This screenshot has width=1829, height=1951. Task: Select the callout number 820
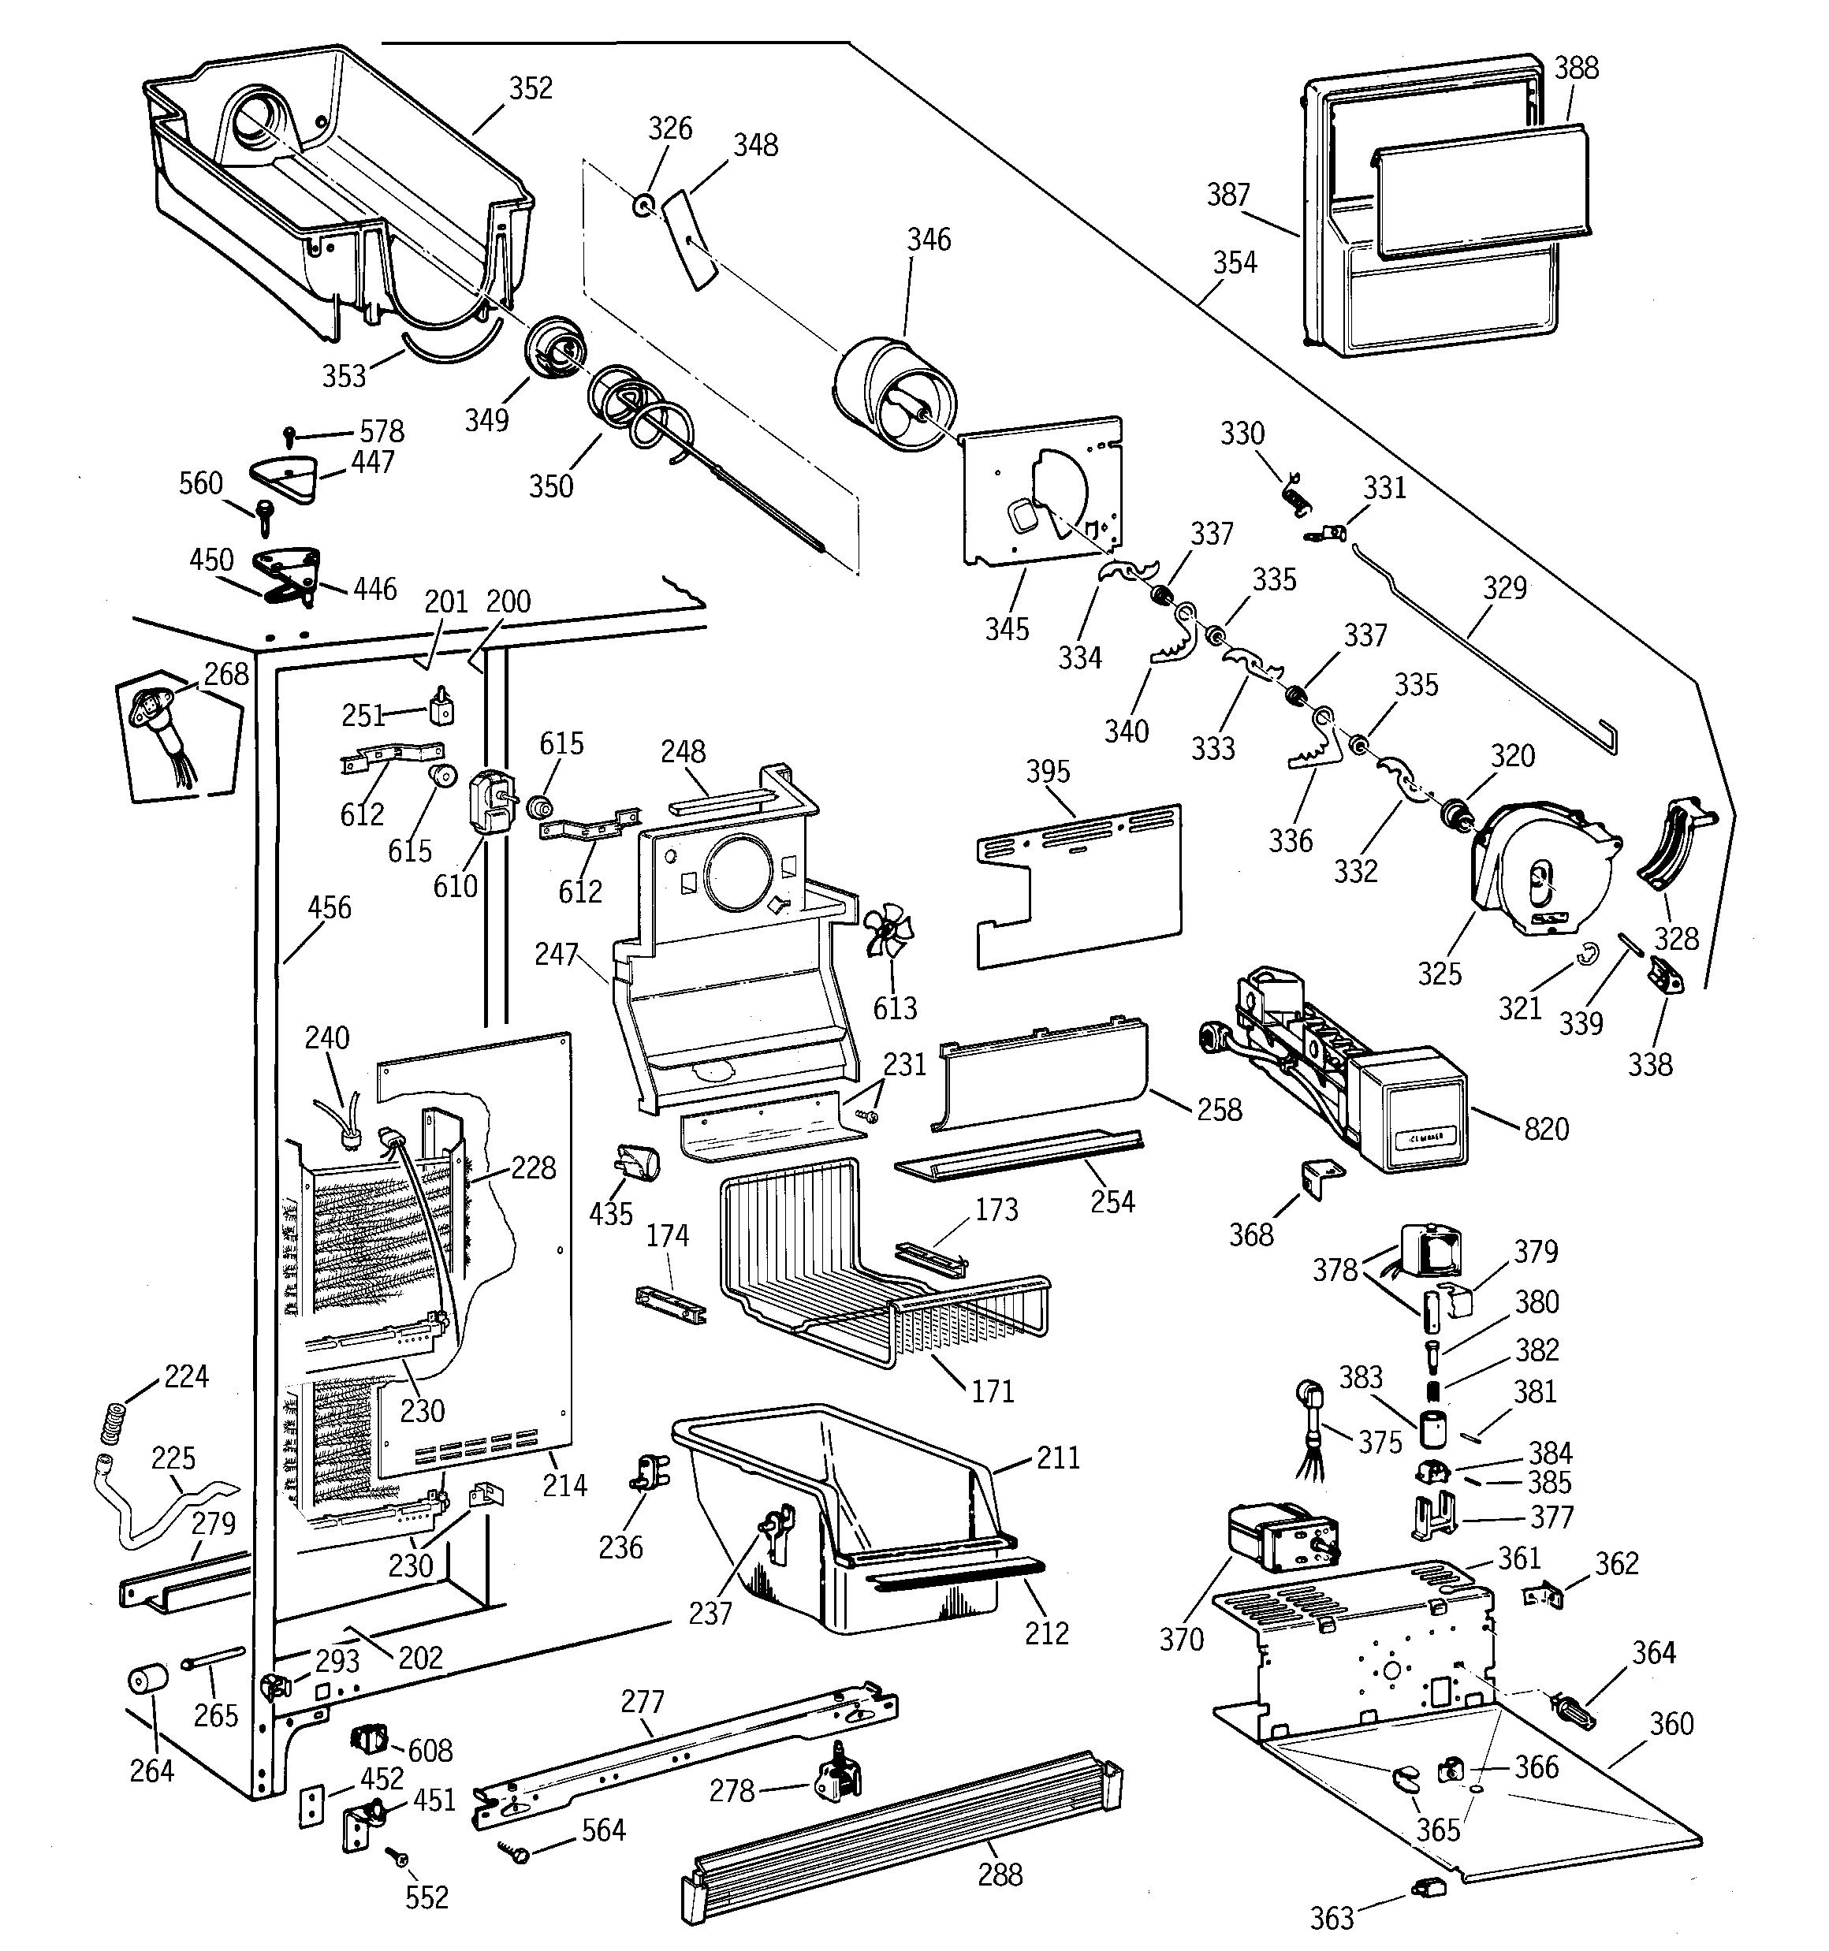tap(1546, 1129)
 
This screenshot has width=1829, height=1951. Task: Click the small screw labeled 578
tap(289, 433)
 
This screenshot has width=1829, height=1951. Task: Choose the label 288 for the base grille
tap(1000, 1875)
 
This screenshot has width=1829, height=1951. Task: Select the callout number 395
tap(1048, 772)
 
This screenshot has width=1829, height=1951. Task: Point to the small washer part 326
tap(644, 206)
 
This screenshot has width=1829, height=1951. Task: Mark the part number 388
tap(1576, 68)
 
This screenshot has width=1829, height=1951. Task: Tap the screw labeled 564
tap(516, 1851)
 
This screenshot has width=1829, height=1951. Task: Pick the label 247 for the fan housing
tap(556, 954)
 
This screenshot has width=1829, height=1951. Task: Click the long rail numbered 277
tap(687, 1756)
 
